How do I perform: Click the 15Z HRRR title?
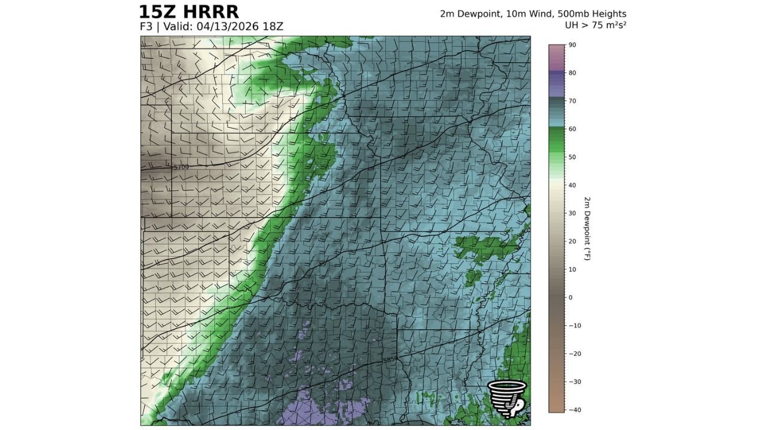[x=188, y=12]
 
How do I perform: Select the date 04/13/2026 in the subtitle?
[x=227, y=27]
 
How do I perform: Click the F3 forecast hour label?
[x=145, y=27]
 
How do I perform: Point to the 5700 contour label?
[x=181, y=167]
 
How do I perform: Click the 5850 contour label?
[x=390, y=360]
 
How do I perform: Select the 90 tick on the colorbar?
[x=572, y=45]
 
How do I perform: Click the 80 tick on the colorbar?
[x=572, y=73]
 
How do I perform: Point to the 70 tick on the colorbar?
[x=572, y=101]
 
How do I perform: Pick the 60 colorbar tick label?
[x=572, y=129]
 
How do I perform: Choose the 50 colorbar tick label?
[x=572, y=157]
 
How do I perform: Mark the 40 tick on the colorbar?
[x=572, y=185]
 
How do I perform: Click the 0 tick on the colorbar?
[x=570, y=297]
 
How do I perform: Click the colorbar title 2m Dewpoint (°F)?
[x=587, y=228]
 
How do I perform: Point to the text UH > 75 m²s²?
[x=595, y=25]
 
